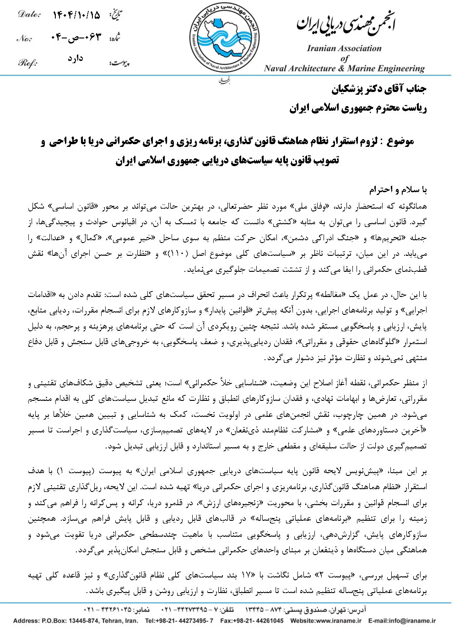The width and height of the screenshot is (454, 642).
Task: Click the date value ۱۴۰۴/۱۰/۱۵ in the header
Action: (76, 16)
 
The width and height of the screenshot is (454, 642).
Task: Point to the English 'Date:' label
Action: (29, 15)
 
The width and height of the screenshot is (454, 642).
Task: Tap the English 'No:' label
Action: (24, 38)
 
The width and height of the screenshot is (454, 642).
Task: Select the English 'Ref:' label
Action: (27, 63)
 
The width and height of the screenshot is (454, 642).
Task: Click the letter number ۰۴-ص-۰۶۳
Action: (76, 38)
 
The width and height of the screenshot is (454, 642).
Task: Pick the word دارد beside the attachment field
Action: (75, 59)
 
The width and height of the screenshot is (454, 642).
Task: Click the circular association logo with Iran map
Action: (224, 38)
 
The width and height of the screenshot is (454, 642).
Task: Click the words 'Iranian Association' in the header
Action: (344, 48)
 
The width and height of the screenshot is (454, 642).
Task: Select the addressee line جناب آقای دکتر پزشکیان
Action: (378, 89)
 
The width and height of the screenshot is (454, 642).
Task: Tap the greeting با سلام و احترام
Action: (398, 189)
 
